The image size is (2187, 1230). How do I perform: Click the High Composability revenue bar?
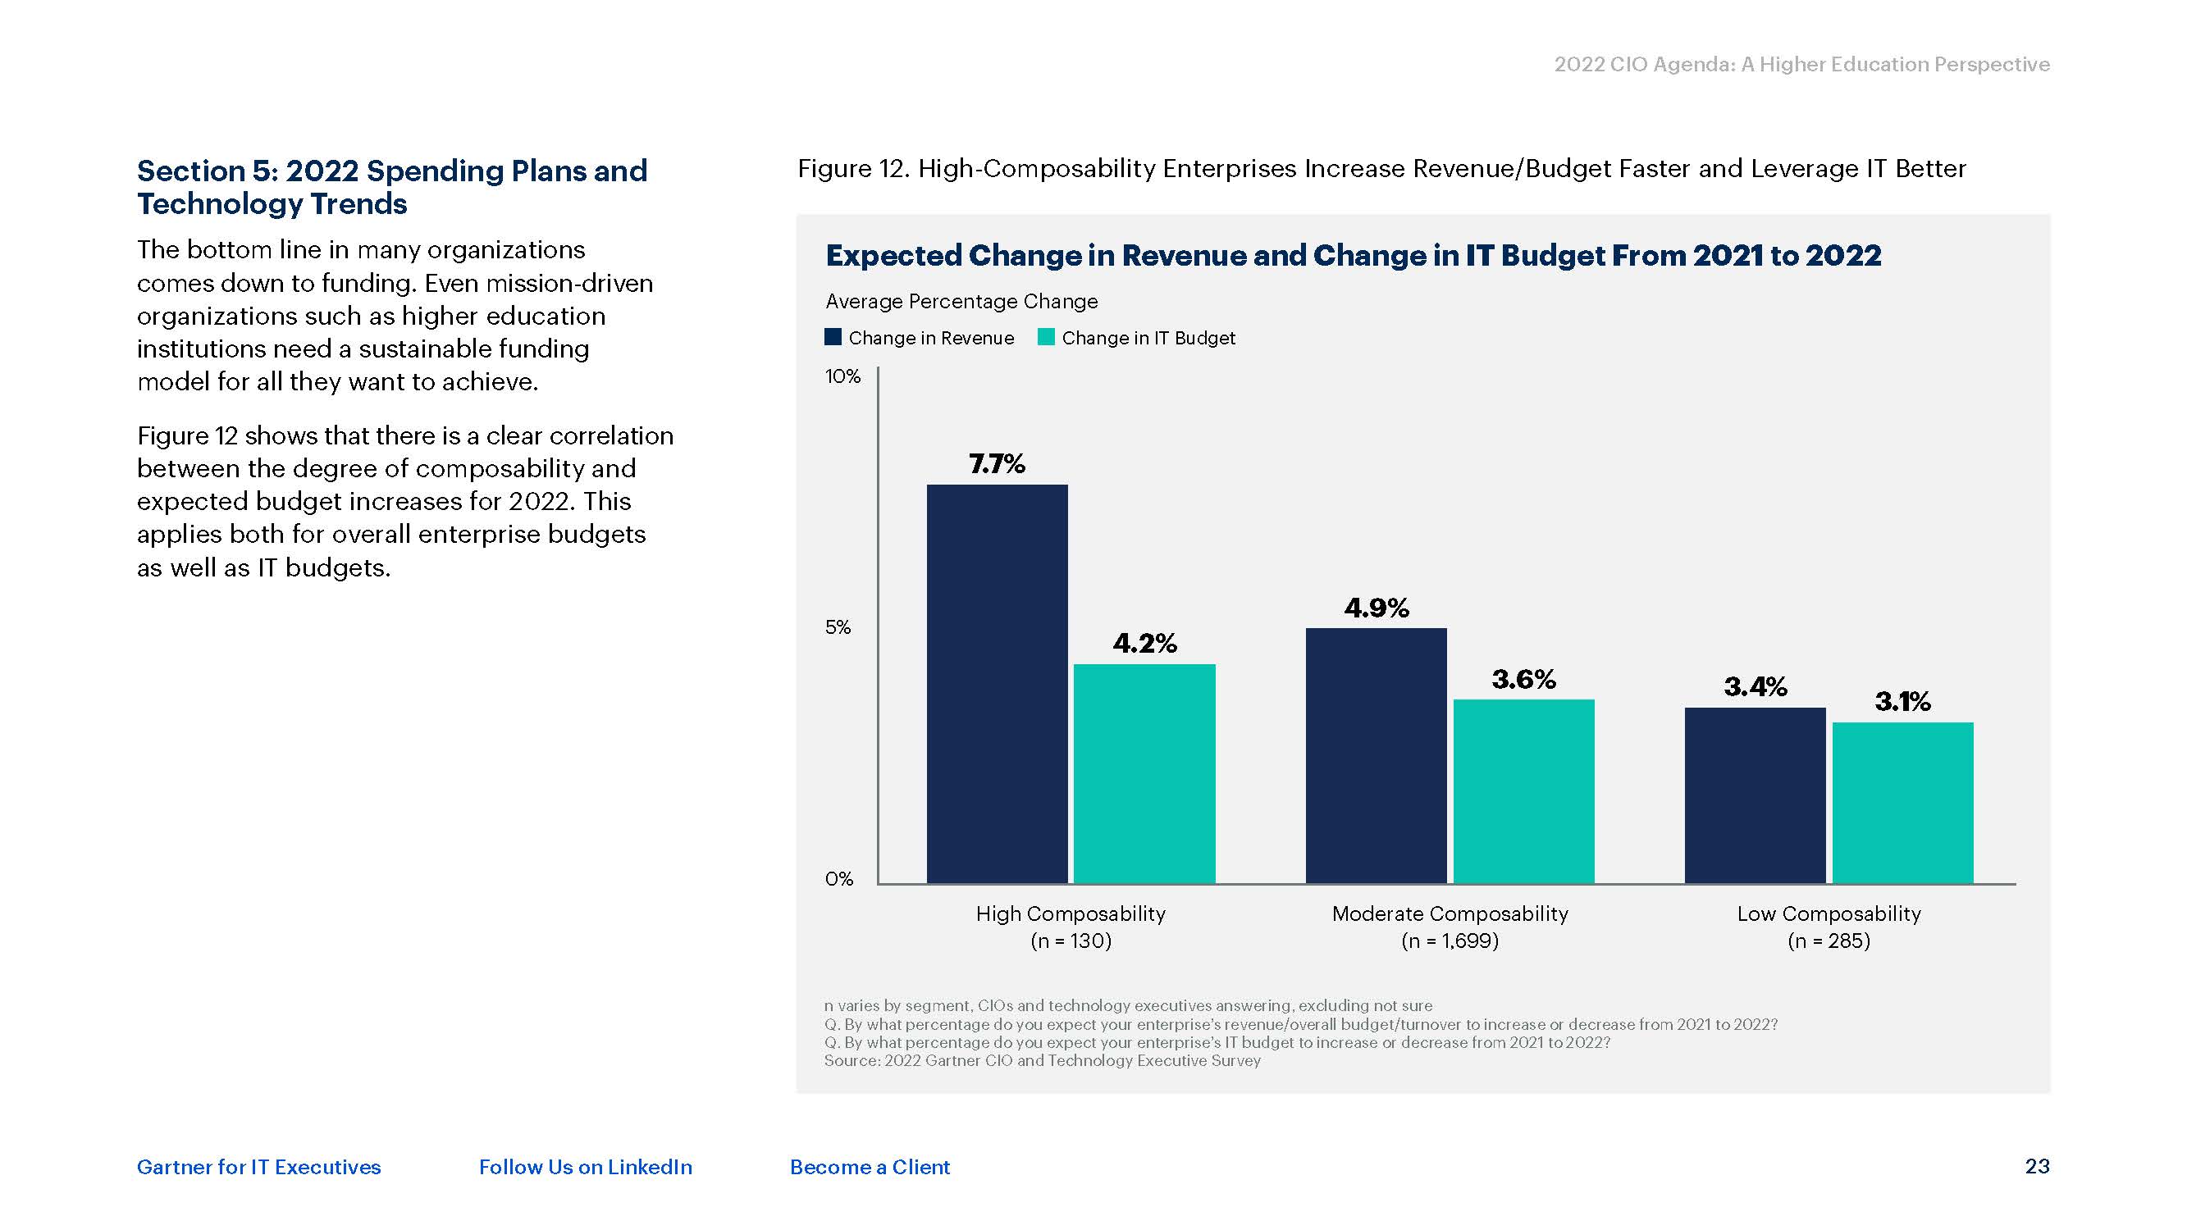coord(997,683)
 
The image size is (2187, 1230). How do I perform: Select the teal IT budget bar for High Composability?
coord(1144,773)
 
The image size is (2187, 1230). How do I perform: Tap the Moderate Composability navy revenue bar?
coord(1376,755)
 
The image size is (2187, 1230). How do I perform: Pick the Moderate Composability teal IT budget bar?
coord(1523,791)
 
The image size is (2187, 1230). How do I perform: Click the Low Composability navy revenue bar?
coord(1755,795)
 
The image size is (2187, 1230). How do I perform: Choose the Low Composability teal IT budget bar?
coord(1902,802)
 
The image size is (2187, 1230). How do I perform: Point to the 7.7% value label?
coord(997,463)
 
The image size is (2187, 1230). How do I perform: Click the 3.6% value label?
coord(1523,679)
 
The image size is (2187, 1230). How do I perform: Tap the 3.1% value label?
coord(1902,701)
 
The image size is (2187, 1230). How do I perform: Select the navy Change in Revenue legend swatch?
coord(833,337)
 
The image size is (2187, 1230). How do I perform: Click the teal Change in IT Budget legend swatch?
coord(1046,337)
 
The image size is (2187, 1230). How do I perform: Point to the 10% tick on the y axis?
coord(842,376)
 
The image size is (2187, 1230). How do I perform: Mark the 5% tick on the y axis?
coord(837,627)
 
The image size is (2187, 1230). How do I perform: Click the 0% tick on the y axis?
coord(839,878)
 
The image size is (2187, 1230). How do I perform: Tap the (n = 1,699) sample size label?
coord(1450,941)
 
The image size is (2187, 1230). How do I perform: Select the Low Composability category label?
coord(1829,913)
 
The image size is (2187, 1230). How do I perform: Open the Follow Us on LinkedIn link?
coord(585,1167)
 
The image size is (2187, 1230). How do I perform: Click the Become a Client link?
coord(870,1167)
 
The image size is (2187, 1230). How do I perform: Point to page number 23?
coord(2037,1166)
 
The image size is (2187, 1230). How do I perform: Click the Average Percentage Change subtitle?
coord(961,301)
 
